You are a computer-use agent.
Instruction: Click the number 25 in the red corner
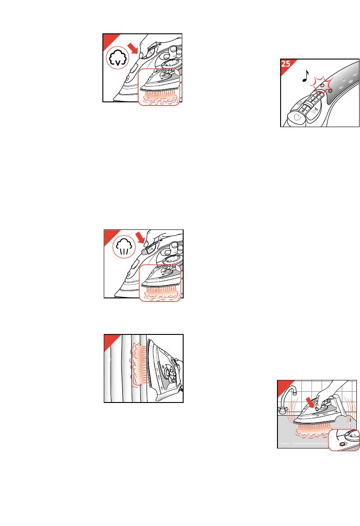286,64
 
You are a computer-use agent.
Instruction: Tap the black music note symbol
305,76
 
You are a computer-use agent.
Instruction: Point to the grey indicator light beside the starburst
330,90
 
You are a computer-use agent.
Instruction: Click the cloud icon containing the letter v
118,58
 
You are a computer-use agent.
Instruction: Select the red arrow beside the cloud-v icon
134,48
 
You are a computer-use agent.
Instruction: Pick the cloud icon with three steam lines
124,247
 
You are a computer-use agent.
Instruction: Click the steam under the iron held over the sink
311,431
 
